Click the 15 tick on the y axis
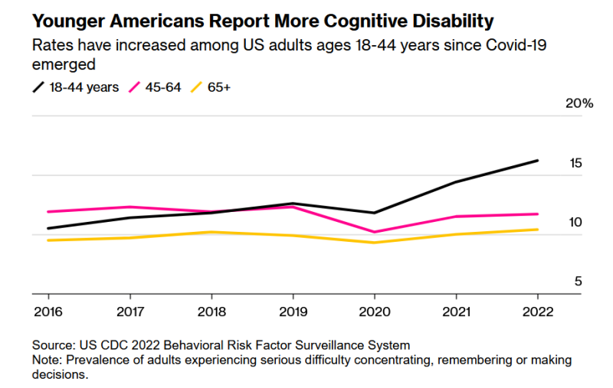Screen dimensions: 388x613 (575, 163)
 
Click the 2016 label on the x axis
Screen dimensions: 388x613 (48, 311)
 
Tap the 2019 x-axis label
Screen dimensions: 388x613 (293, 311)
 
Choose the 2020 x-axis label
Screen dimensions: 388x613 (374, 311)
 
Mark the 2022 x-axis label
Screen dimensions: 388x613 (537, 311)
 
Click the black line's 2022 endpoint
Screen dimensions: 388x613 (537, 161)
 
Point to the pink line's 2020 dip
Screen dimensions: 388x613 (374, 232)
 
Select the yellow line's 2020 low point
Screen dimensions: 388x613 (374, 243)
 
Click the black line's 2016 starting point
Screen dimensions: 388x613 (48, 228)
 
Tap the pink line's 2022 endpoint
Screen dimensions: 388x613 (537, 214)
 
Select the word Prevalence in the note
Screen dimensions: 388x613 (95, 360)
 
